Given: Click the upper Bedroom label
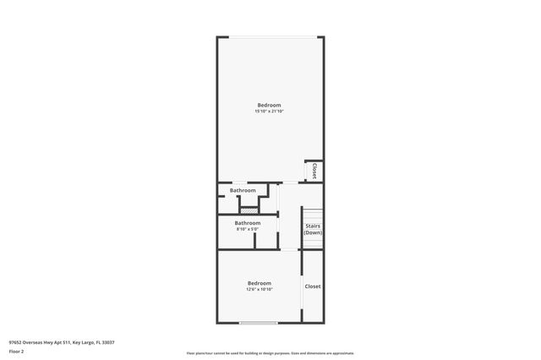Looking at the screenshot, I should tap(269, 105).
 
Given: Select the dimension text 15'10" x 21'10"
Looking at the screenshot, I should tap(269, 112).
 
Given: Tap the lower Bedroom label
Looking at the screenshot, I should tap(259, 283).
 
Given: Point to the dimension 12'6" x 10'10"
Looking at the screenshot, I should tap(259, 290).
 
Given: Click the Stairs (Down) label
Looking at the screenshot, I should tap(313, 229).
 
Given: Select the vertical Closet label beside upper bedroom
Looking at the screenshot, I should tap(314, 171).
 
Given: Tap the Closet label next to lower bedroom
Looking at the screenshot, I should tap(313, 286).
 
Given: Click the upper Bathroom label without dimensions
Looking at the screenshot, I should tap(243, 191).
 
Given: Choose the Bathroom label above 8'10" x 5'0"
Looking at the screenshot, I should tap(248, 223).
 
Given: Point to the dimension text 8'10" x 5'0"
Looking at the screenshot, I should tap(247, 229).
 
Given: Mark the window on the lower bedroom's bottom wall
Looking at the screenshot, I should tap(258, 322).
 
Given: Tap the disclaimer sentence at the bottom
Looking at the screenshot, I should tap(270, 353).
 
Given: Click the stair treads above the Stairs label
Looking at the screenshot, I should tap(314, 214).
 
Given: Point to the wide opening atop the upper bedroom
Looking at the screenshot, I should tap(270, 36).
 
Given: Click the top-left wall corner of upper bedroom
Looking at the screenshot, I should tap(218, 37).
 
